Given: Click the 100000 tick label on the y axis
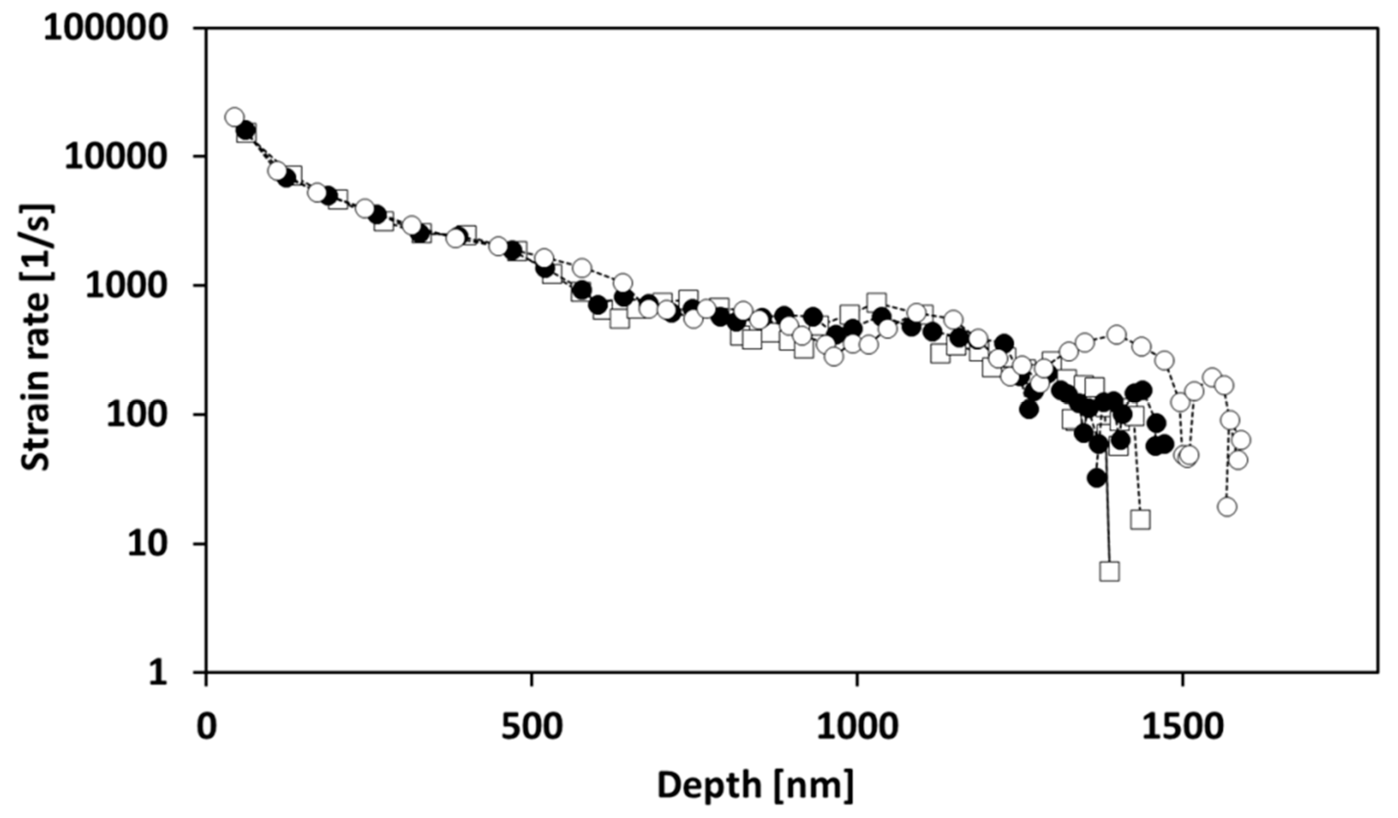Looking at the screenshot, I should pyautogui.click(x=106, y=28).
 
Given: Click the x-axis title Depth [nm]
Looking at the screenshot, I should pyautogui.click(x=756, y=786).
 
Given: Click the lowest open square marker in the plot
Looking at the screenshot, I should pyautogui.click(x=1109, y=571).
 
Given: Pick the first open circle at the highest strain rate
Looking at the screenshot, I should pyautogui.click(x=234, y=117).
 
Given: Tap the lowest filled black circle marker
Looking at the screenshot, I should pyautogui.click(x=1096, y=478).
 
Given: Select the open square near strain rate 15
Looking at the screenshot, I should pyautogui.click(x=1140, y=519).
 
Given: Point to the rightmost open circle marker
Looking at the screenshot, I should pyautogui.click(x=1242, y=441).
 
